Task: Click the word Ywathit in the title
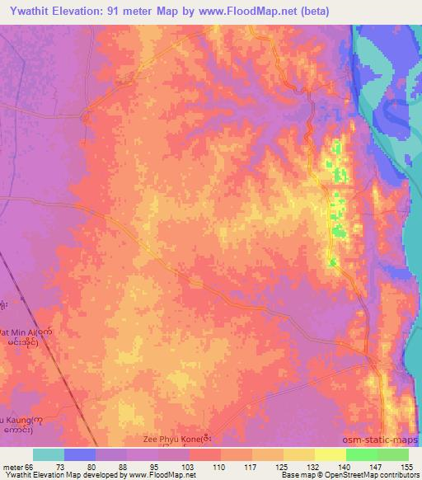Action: pyautogui.click(x=28, y=12)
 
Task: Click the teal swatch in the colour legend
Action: pyautogui.click(x=49, y=454)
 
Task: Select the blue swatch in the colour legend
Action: pyautogui.click(x=80, y=454)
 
